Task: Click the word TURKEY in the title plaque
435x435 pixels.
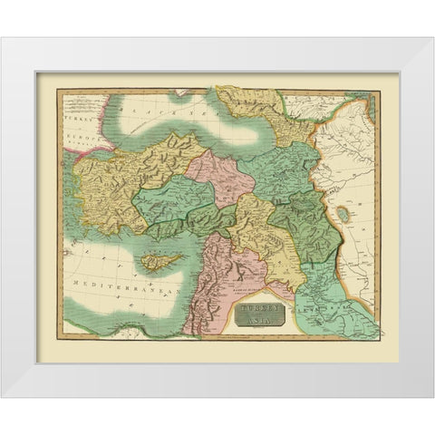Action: coord(260,309)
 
